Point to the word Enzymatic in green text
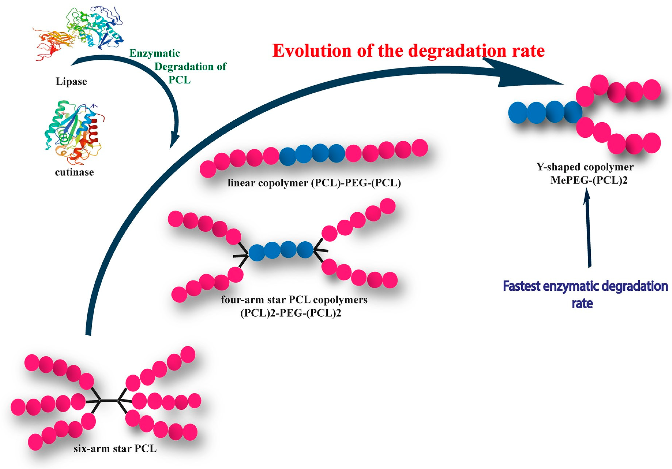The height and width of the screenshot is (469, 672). tap(155, 53)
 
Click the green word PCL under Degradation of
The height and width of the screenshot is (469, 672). tap(179, 80)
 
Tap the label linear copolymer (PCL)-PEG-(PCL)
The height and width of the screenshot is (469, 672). tap(314, 183)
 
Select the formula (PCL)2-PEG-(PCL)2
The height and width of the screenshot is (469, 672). tap(291, 313)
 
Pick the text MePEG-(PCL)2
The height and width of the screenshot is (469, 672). tap(589, 180)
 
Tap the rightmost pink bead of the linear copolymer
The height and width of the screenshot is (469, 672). tap(420, 147)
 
